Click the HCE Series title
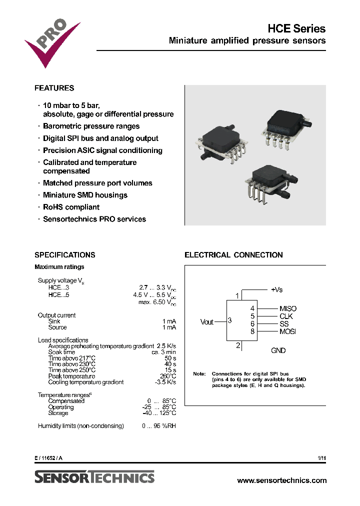(298, 28)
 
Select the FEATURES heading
(54, 88)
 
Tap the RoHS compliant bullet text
(71, 207)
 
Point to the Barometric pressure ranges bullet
(91, 126)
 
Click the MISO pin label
(288, 309)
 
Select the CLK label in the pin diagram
(286, 316)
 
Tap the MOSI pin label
(288, 331)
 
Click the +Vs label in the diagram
(276, 289)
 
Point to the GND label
(278, 350)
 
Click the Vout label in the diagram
(207, 322)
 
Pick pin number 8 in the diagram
(252, 331)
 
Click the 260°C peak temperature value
(168, 376)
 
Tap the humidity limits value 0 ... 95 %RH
(159, 426)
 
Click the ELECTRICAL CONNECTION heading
(233, 255)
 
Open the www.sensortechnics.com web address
(281, 480)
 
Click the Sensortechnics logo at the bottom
(94, 477)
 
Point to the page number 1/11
(321, 458)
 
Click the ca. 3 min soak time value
(164, 352)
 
